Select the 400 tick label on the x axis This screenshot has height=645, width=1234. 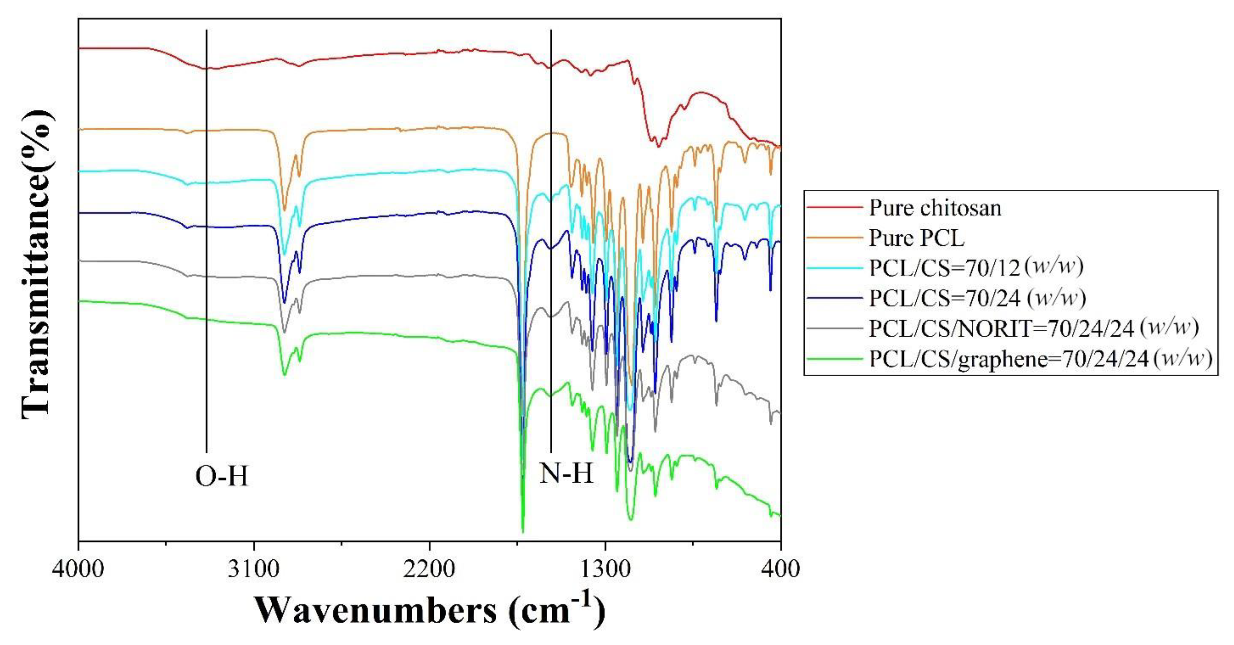[781, 569]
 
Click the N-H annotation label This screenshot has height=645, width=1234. [566, 474]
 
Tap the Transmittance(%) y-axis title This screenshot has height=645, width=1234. [36, 264]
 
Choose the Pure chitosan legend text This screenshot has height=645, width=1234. [935, 208]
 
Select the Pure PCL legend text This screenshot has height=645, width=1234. [916, 238]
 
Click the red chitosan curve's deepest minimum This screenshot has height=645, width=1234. [658, 146]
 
